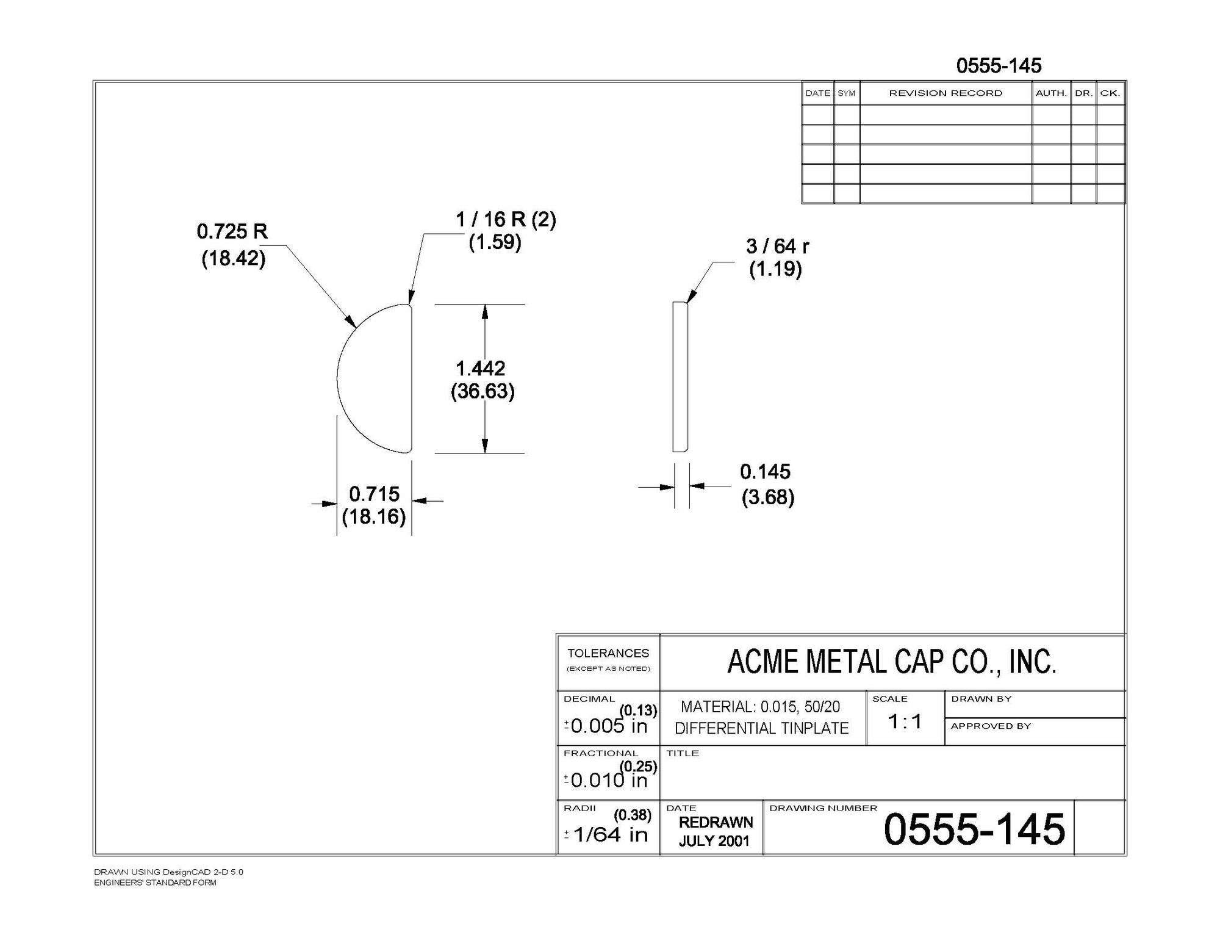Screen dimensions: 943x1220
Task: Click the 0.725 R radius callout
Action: coord(232,231)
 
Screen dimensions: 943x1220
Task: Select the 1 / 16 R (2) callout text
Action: coord(506,219)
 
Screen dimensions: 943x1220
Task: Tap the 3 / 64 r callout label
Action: coord(777,246)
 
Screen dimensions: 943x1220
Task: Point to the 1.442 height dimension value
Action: coord(481,368)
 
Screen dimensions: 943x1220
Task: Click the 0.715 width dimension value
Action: coord(374,493)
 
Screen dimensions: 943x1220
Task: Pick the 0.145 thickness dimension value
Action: coord(765,471)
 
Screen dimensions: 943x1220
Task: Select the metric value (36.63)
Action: coord(483,391)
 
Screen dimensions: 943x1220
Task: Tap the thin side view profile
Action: coord(680,377)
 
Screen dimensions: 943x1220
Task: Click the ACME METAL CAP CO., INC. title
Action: coord(891,662)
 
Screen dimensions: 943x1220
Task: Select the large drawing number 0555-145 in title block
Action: coord(974,829)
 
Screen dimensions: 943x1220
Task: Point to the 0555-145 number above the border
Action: coord(999,65)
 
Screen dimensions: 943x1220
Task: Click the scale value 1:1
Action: coord(905,722)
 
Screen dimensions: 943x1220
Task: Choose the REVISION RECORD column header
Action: coord(945,93)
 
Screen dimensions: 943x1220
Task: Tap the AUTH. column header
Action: coord(1051,93)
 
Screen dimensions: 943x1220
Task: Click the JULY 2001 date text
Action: coord(714,840)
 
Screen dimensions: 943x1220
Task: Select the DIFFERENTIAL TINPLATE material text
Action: coord(761,728)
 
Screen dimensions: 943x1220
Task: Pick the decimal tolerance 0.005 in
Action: coord(608,726)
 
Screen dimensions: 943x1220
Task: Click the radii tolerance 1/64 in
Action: coord(610,834)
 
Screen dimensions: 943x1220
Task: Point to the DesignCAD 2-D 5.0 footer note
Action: coord(168,872)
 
